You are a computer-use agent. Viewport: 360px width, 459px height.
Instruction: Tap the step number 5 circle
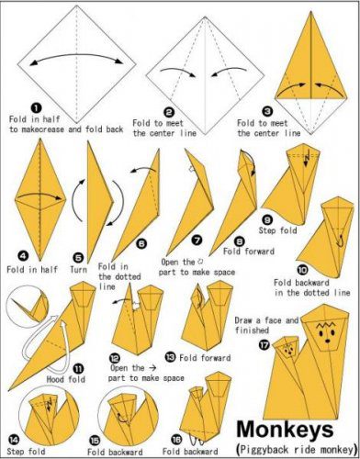tap(79, 258)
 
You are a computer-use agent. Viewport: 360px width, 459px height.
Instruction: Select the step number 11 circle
tap(79, 369)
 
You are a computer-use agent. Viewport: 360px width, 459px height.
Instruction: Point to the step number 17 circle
tap(264, 345)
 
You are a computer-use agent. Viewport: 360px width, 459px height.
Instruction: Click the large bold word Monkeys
tap(285, 430)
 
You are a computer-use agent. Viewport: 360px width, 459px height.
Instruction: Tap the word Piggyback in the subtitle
tap(264, 450)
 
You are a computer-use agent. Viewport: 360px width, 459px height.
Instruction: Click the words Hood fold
tap(66, 379)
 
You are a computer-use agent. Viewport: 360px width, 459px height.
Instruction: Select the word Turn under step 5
tap(78, 270)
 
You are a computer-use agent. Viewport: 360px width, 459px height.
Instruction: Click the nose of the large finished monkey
tap(327, 341)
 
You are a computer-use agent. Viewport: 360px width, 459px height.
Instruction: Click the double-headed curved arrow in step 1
tap(76, 59)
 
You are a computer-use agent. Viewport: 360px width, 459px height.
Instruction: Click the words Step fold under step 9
tap(277, 230)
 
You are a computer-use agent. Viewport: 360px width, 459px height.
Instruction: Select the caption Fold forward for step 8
tap(249, 252)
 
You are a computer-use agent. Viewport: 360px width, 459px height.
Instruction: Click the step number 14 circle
tap(13, 440)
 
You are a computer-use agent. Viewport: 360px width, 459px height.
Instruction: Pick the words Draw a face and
tap(266, 320)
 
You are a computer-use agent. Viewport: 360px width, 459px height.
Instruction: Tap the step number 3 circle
tap(268, 112)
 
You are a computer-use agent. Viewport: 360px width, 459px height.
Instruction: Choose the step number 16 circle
tap(176, 440)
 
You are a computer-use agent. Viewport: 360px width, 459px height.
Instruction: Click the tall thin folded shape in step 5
tap(98, 202)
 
